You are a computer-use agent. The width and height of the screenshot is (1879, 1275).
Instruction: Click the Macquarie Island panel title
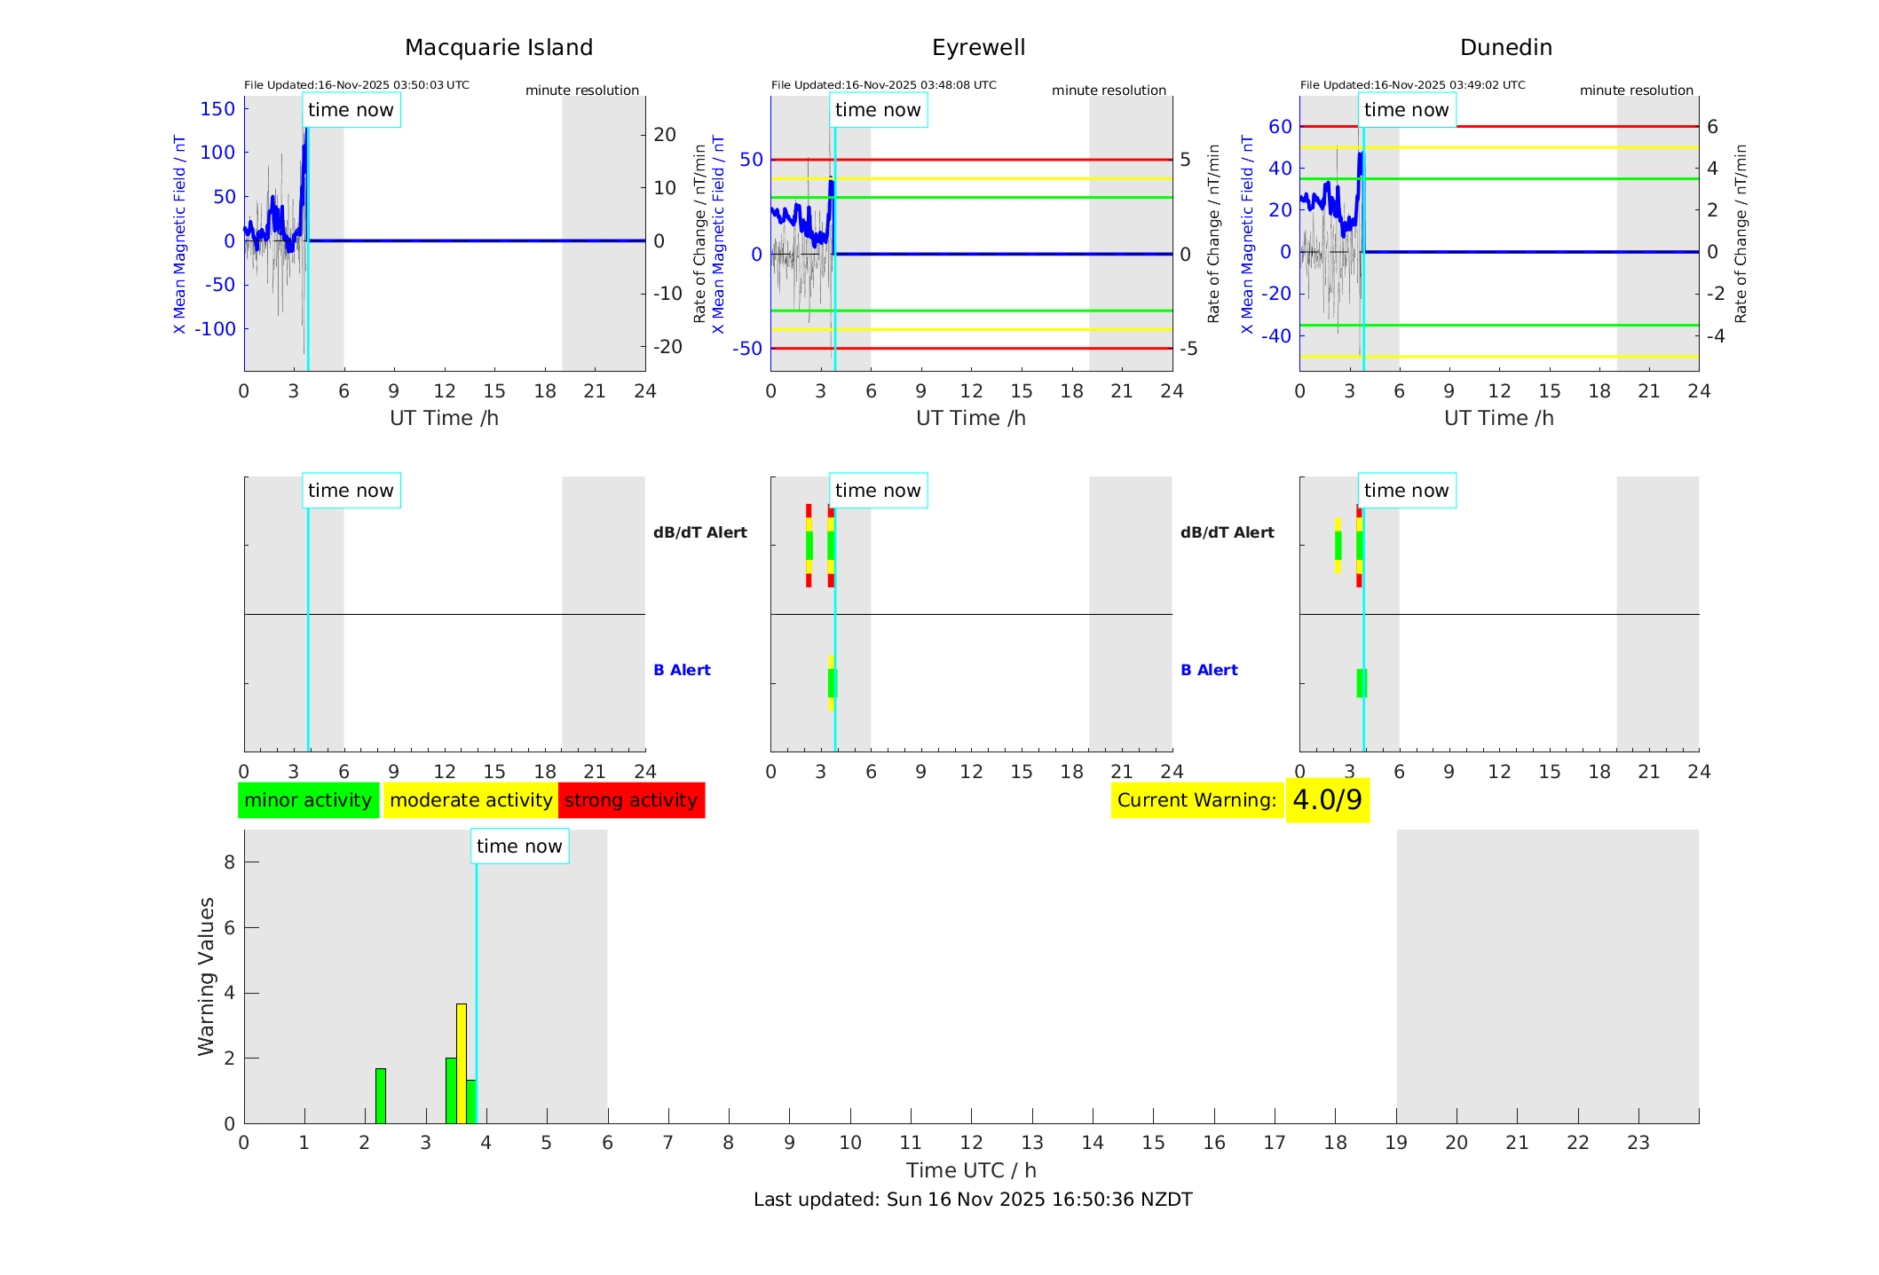[x=498, y=48]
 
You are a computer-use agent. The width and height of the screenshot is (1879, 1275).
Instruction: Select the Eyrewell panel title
[x=978, y=48]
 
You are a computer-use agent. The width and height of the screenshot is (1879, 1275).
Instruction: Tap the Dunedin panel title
[x=1505, y=48]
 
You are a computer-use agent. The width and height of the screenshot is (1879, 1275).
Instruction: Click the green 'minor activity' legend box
[x=308, y=800]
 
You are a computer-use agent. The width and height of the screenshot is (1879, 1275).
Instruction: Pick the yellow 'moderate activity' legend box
[x=470, y=800]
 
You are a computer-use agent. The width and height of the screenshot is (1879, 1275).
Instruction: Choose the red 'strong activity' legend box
[x=631, y=800]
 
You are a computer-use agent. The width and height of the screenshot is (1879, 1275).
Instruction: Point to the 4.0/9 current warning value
[x=1327, y=800]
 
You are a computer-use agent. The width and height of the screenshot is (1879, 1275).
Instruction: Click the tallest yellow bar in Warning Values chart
[x=462, y=1063]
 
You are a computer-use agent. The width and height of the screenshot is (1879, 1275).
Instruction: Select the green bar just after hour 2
[x=381, y=1096]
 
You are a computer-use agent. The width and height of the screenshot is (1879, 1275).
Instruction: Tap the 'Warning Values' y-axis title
[x=207, y=976]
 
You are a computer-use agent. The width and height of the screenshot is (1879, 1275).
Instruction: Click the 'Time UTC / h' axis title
[x=971, y=1170]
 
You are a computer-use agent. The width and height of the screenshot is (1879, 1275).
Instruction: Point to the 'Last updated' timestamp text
[x=973, y=1200]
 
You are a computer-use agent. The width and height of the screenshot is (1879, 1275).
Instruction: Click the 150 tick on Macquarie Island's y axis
[x=217, y=109]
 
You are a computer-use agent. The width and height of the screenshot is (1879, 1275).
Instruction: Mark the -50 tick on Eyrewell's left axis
[x=747, y=349]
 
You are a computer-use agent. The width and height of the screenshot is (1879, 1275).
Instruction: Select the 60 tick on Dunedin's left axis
[x=1280, y=127]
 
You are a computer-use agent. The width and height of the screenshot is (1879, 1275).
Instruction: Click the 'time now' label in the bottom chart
[x=519, y=846]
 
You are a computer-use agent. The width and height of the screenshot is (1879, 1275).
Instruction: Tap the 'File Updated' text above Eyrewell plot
[x=883, y=85]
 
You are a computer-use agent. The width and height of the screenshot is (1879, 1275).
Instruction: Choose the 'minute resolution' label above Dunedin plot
[x=1636, y=91]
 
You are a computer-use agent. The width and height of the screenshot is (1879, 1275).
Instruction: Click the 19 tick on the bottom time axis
[x=1396, y=1143]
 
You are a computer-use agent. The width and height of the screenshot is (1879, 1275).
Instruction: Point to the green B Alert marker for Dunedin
[x=1362, y=683]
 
